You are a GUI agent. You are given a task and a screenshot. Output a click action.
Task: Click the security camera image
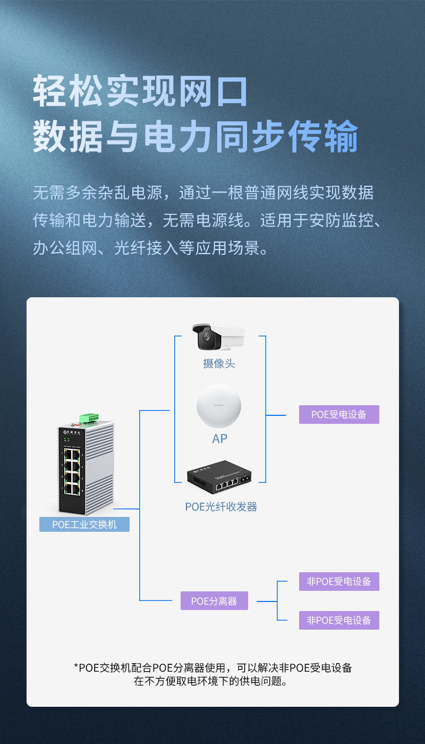pyautogui.click(x=219, y=337)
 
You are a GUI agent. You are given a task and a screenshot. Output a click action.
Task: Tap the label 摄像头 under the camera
pyautogui.click(x=219, y=364)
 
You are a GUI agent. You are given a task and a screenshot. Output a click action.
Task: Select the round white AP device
pyautogui.click(x=219, y=406)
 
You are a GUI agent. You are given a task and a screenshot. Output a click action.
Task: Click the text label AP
pyautogui.click(x=219, y=439)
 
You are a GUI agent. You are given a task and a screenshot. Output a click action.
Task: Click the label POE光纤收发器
pyautogui.click(x=221, y=507)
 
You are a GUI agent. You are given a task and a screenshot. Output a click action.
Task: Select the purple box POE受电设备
pyautogui.click(x=339, y=414)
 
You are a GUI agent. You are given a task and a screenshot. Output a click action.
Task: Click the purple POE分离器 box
pyautogui.click(x=214, y=600)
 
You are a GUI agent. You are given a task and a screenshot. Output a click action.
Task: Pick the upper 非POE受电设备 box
pyautogui.click(x=339, y=581)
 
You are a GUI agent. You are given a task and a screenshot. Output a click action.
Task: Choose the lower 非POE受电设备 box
pyautogui.click(x=339, y=620)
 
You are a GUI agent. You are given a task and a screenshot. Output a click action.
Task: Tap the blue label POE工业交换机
pyautogui.click(x=84, y=524)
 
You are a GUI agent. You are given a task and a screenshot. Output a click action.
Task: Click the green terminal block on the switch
pyautogui.click(x=89, y=418)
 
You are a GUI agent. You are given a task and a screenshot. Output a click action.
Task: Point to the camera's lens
pyautogui.click(x=207, y=337)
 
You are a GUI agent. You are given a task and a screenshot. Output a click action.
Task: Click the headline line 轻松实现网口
pyautogui.click(x=140, y=91)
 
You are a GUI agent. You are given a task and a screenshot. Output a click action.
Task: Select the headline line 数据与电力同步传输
pyautogui.click(x=195, y=136)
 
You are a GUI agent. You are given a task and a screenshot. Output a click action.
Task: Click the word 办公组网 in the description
pyautogui.click(x=65, y=248)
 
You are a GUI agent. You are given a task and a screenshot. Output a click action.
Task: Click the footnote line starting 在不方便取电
pyautogui.click(x=210, y=681)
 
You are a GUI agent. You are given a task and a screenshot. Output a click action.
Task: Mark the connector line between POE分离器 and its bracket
pyautogui.click(x=267, y=601)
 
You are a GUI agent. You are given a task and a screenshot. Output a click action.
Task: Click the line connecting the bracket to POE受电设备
pyautogui.click(x=276, y=415)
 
